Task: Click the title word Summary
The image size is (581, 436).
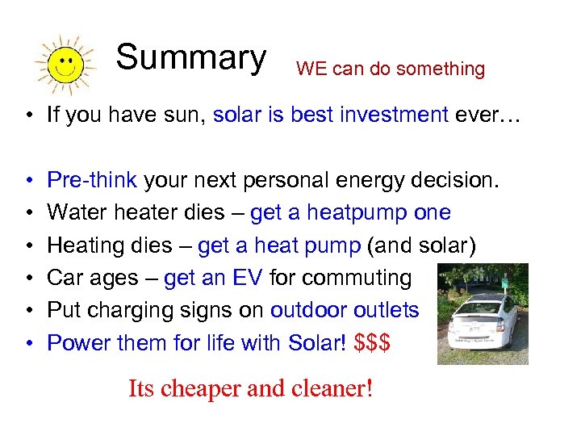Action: [x=190, y=57]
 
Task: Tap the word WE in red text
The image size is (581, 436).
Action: [x=311, y=69]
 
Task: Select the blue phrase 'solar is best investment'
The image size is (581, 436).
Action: [x=331, y=115]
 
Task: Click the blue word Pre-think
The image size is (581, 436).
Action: [x=93, y=180]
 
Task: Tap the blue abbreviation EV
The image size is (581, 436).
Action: [x=249, y=278]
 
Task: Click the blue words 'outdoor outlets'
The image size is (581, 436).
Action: [x=345, y=310]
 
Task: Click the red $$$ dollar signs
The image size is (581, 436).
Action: [x=372, y=342]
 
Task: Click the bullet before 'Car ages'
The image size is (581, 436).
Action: [x=28, y=278]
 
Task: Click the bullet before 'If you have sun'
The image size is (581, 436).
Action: [x=28, y=115]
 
